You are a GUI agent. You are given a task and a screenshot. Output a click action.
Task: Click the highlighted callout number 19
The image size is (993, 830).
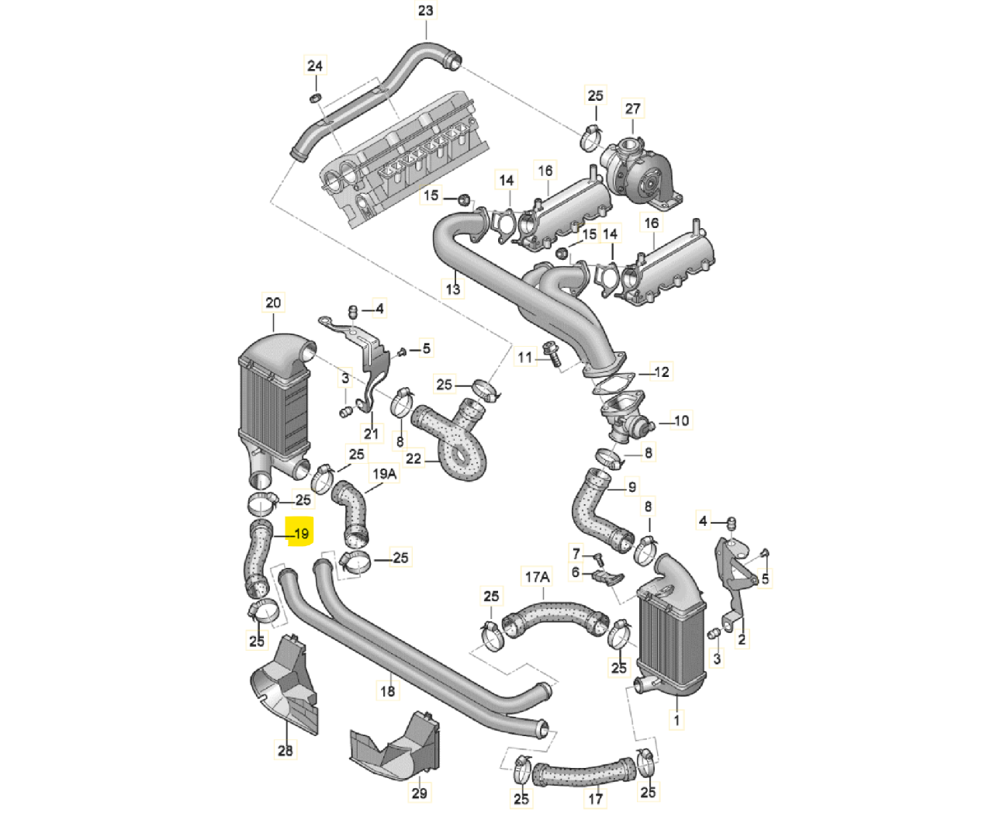pos(302,534)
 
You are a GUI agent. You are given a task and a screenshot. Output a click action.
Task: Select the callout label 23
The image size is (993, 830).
pos(425,10)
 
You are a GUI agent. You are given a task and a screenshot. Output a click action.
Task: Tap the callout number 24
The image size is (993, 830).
pos(315,66)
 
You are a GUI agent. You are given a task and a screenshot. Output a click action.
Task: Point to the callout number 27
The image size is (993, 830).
pos(632,109)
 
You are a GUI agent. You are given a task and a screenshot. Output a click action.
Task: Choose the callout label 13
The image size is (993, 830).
pos(453,289)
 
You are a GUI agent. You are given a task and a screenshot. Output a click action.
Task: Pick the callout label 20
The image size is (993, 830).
pos(273,303)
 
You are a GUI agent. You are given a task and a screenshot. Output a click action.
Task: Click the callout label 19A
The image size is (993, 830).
pos(384,474)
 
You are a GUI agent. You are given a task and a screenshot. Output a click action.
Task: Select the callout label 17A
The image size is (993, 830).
pos(538,577)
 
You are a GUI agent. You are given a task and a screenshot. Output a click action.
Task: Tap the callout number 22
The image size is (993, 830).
pos(413,458)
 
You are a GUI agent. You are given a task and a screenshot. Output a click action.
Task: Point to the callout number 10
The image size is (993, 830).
pos(681,420)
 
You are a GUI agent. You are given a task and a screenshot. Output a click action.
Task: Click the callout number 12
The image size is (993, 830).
pos(662,372)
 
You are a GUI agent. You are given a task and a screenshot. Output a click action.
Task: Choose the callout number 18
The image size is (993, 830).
pos(388,690)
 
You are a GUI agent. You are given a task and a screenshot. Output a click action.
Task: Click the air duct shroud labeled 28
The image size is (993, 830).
pos(284,685)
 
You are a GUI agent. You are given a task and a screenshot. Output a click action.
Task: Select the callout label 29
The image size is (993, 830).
pos(419,793)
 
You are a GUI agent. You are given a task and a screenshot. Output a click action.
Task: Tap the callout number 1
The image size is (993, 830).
pos(676,720)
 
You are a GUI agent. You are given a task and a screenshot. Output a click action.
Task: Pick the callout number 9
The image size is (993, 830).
pos(631,487)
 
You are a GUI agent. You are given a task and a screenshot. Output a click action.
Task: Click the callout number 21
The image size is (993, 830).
pos(371,433)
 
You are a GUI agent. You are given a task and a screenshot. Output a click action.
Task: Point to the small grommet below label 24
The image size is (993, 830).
pos(315,98)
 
